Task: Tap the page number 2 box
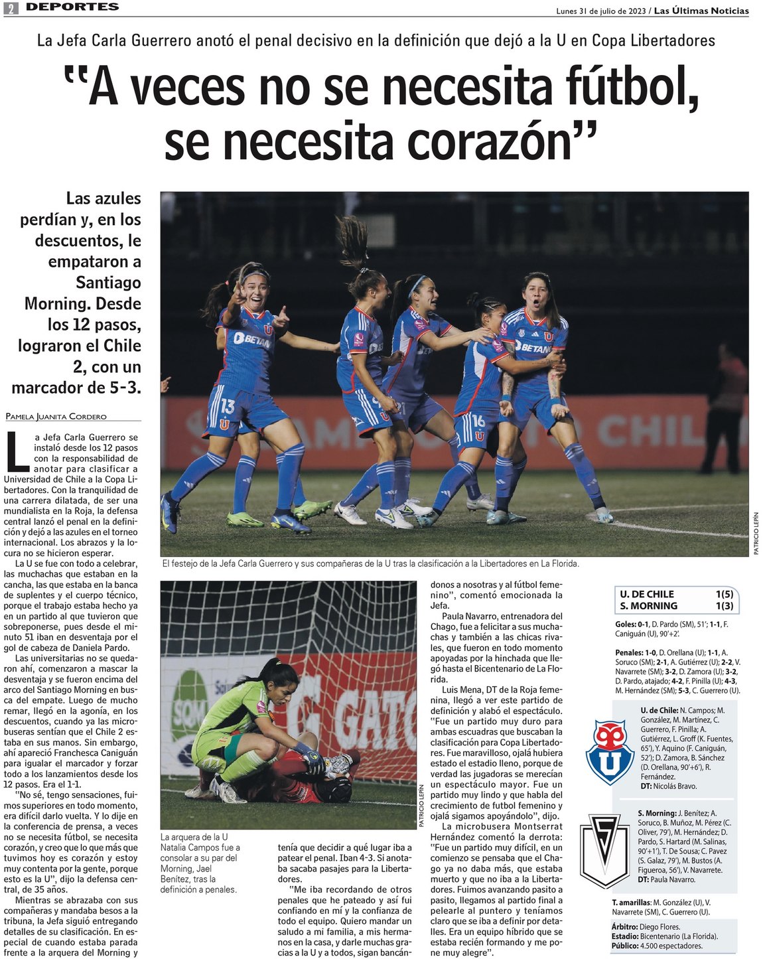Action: point(11,8)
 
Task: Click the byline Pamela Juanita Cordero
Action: point(56,417)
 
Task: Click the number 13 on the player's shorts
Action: point(228,406)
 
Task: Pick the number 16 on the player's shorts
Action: point(478,421)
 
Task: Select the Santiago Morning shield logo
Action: point(604,850)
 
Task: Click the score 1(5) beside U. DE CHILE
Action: point(724,594)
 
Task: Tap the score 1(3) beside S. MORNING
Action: point(724,606)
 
